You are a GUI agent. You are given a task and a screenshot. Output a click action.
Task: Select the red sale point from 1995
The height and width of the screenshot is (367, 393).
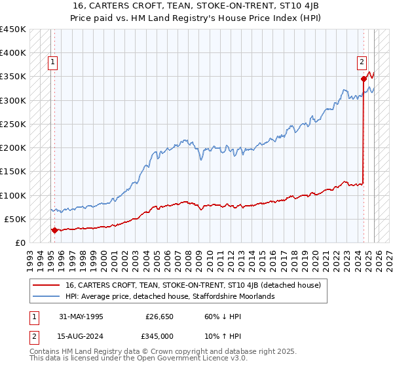(54, 230)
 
